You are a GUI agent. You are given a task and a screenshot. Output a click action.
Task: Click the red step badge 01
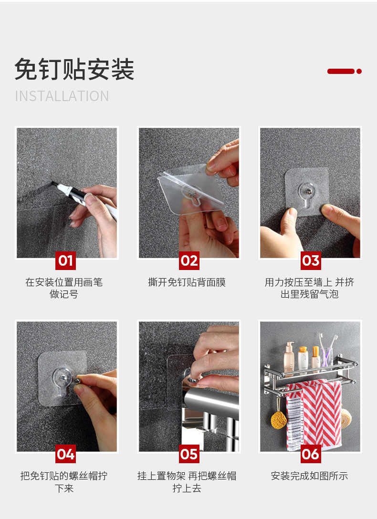(65, 260)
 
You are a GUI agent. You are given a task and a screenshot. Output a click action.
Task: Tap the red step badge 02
(189, 260)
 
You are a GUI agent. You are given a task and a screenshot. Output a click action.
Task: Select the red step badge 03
(311, 260)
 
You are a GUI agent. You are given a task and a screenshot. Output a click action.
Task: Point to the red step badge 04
(65, 454)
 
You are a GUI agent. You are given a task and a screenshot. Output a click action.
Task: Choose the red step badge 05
(189, 454)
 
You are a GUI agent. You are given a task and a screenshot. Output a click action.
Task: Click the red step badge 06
(311, 454)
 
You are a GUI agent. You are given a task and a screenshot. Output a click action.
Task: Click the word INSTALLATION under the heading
(62, 96)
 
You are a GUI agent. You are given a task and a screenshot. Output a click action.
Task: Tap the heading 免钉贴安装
(74, 69)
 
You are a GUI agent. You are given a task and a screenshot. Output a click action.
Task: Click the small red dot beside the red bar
(359, 71)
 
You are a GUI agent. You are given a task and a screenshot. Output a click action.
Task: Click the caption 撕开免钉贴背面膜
(187, 282)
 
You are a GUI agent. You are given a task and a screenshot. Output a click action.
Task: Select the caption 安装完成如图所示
(310, 476)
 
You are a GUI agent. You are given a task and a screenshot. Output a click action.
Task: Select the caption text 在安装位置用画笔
(64, 282)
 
